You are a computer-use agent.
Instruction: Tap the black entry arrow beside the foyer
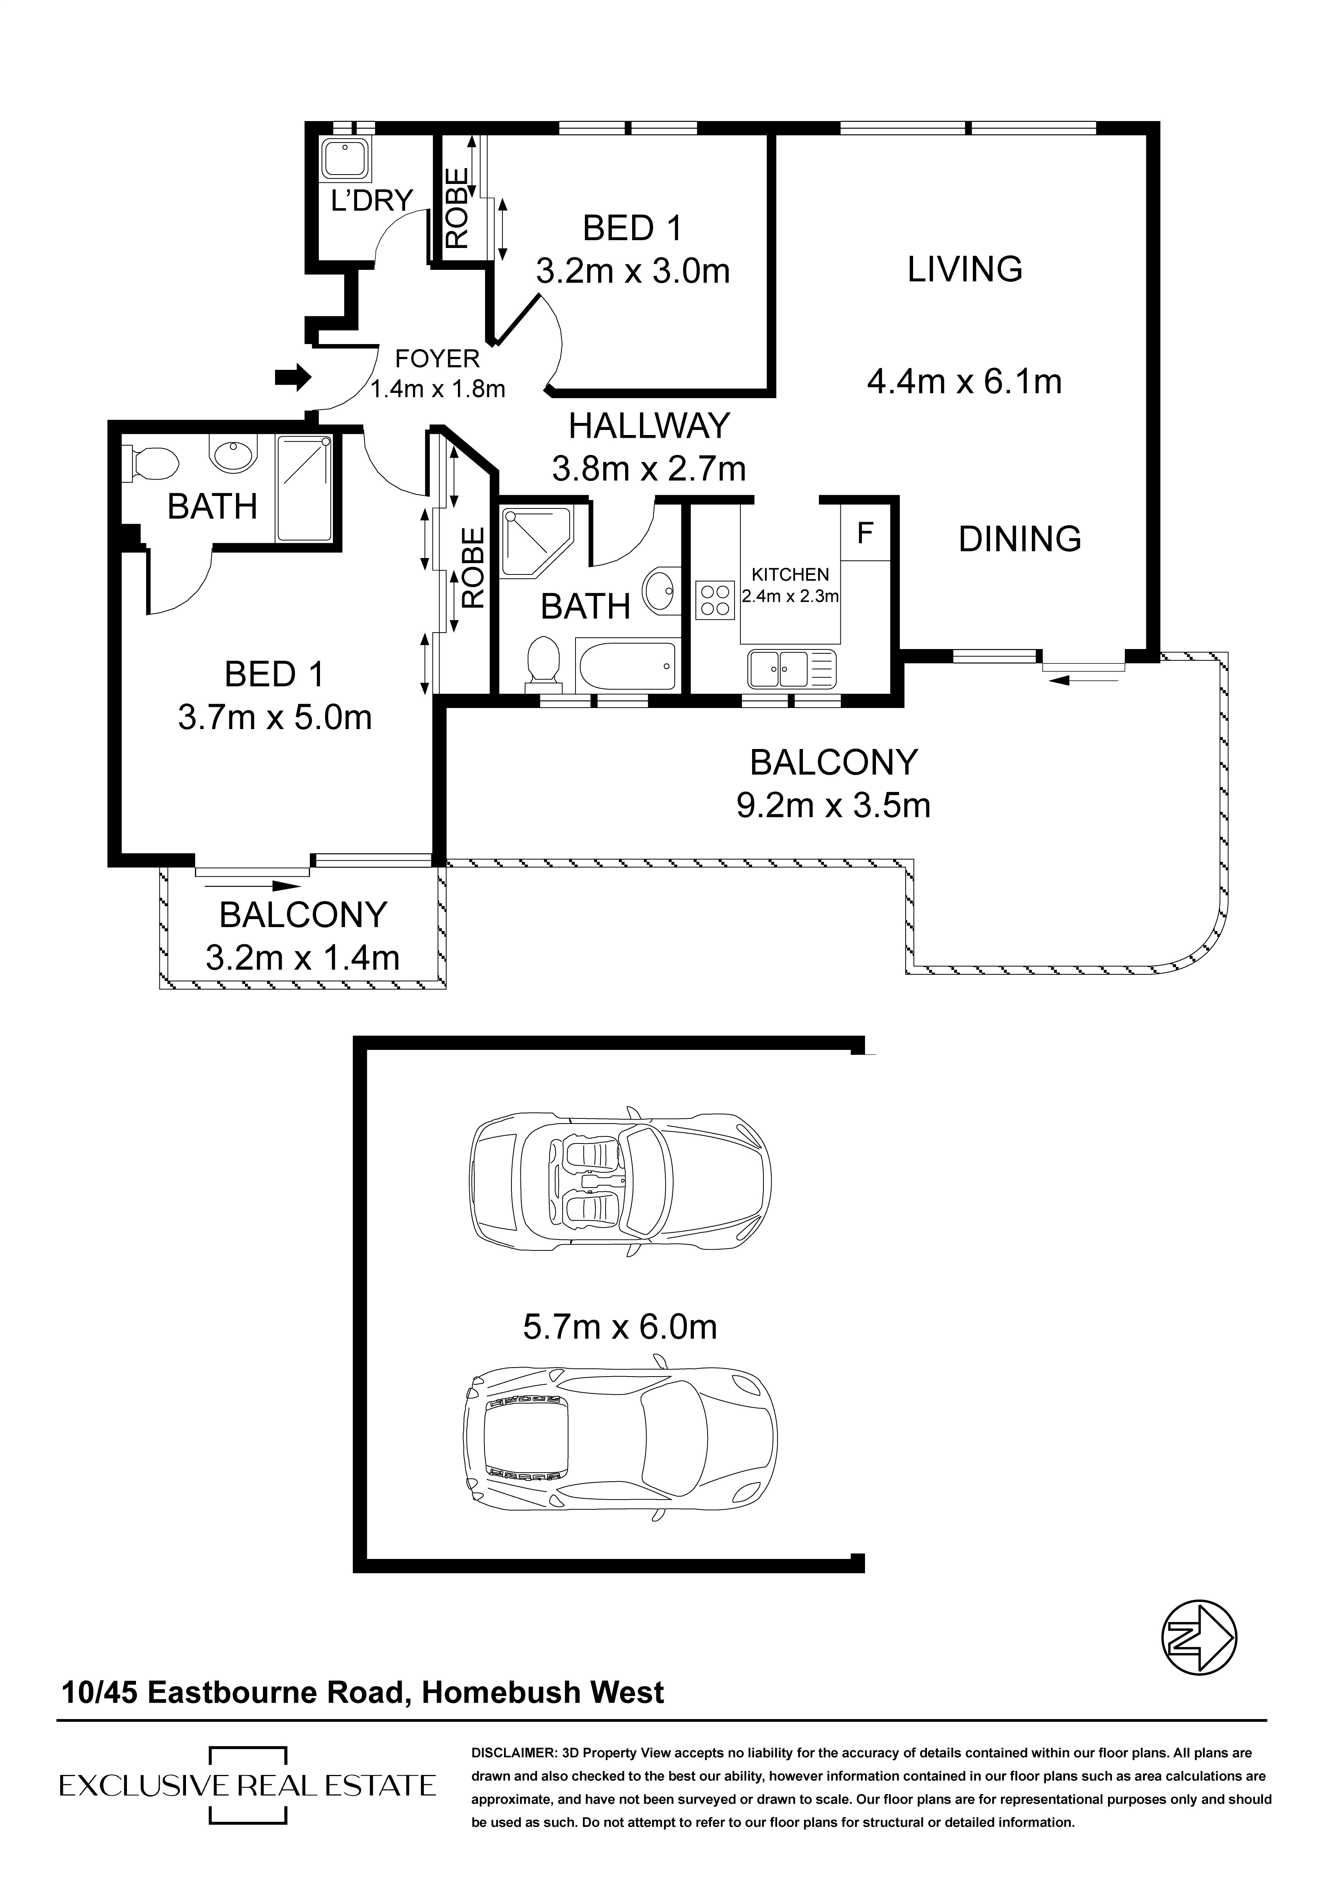tap(293, 377)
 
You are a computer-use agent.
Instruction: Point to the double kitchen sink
tap(791, 668)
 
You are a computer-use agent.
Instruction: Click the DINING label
tap(1019, 539)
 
